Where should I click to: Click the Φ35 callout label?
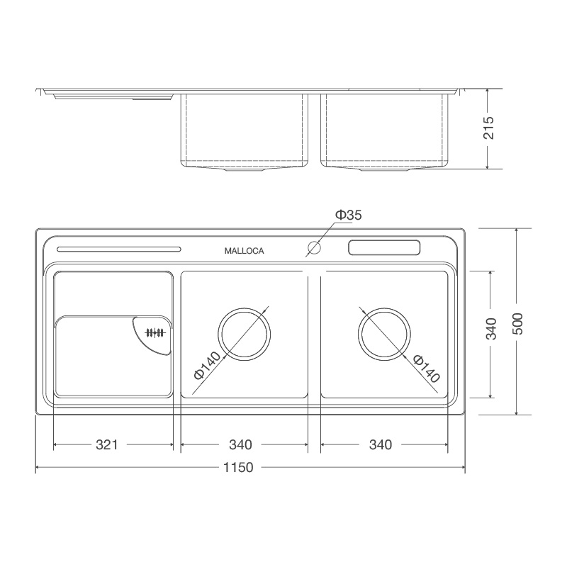point(348,215)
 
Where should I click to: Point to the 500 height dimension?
point(518,324)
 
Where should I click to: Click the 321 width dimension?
point(106,445)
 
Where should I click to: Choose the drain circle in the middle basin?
point(245,335)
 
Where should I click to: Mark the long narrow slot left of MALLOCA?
point(118,249)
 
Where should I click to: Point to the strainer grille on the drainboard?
point(155,333)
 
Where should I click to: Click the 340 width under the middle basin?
point(241,445)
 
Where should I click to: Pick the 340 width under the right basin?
point(381,445)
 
